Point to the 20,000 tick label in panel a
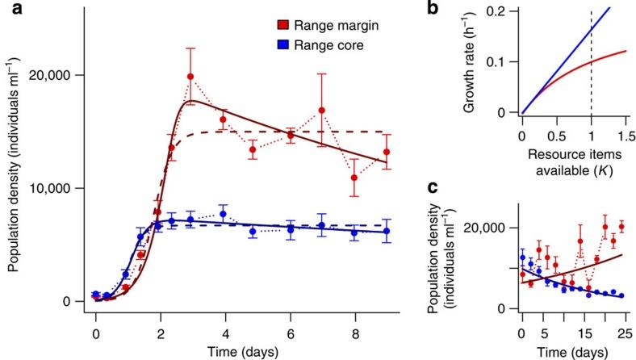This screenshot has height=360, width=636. (x=53, y=75)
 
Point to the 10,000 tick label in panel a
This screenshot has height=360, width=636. (x=53, y=188)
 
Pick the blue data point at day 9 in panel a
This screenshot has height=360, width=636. (x=387, y=231)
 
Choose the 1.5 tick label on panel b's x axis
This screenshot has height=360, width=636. (x=624, y=132)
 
